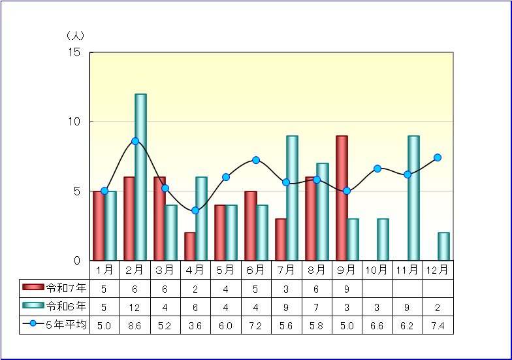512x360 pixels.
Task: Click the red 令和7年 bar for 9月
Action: [342, 198]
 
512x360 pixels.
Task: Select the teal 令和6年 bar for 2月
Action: [140, 177]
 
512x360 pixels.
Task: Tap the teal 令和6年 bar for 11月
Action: [413, 198]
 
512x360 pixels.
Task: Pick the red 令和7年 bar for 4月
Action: [189, 246]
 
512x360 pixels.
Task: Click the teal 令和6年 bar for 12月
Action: [443, 246]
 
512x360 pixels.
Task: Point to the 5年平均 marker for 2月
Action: [135, 141]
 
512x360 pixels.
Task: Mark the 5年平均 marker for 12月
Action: [438, 157]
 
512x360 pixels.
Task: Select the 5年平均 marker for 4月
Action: [195, 210]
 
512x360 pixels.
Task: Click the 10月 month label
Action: [377, 269]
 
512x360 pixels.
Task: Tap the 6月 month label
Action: [256, 269]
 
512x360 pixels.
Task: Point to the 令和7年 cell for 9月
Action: [347, 287]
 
